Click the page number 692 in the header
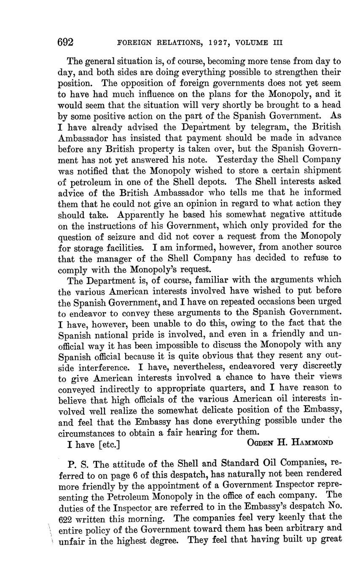tap(66, 43)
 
